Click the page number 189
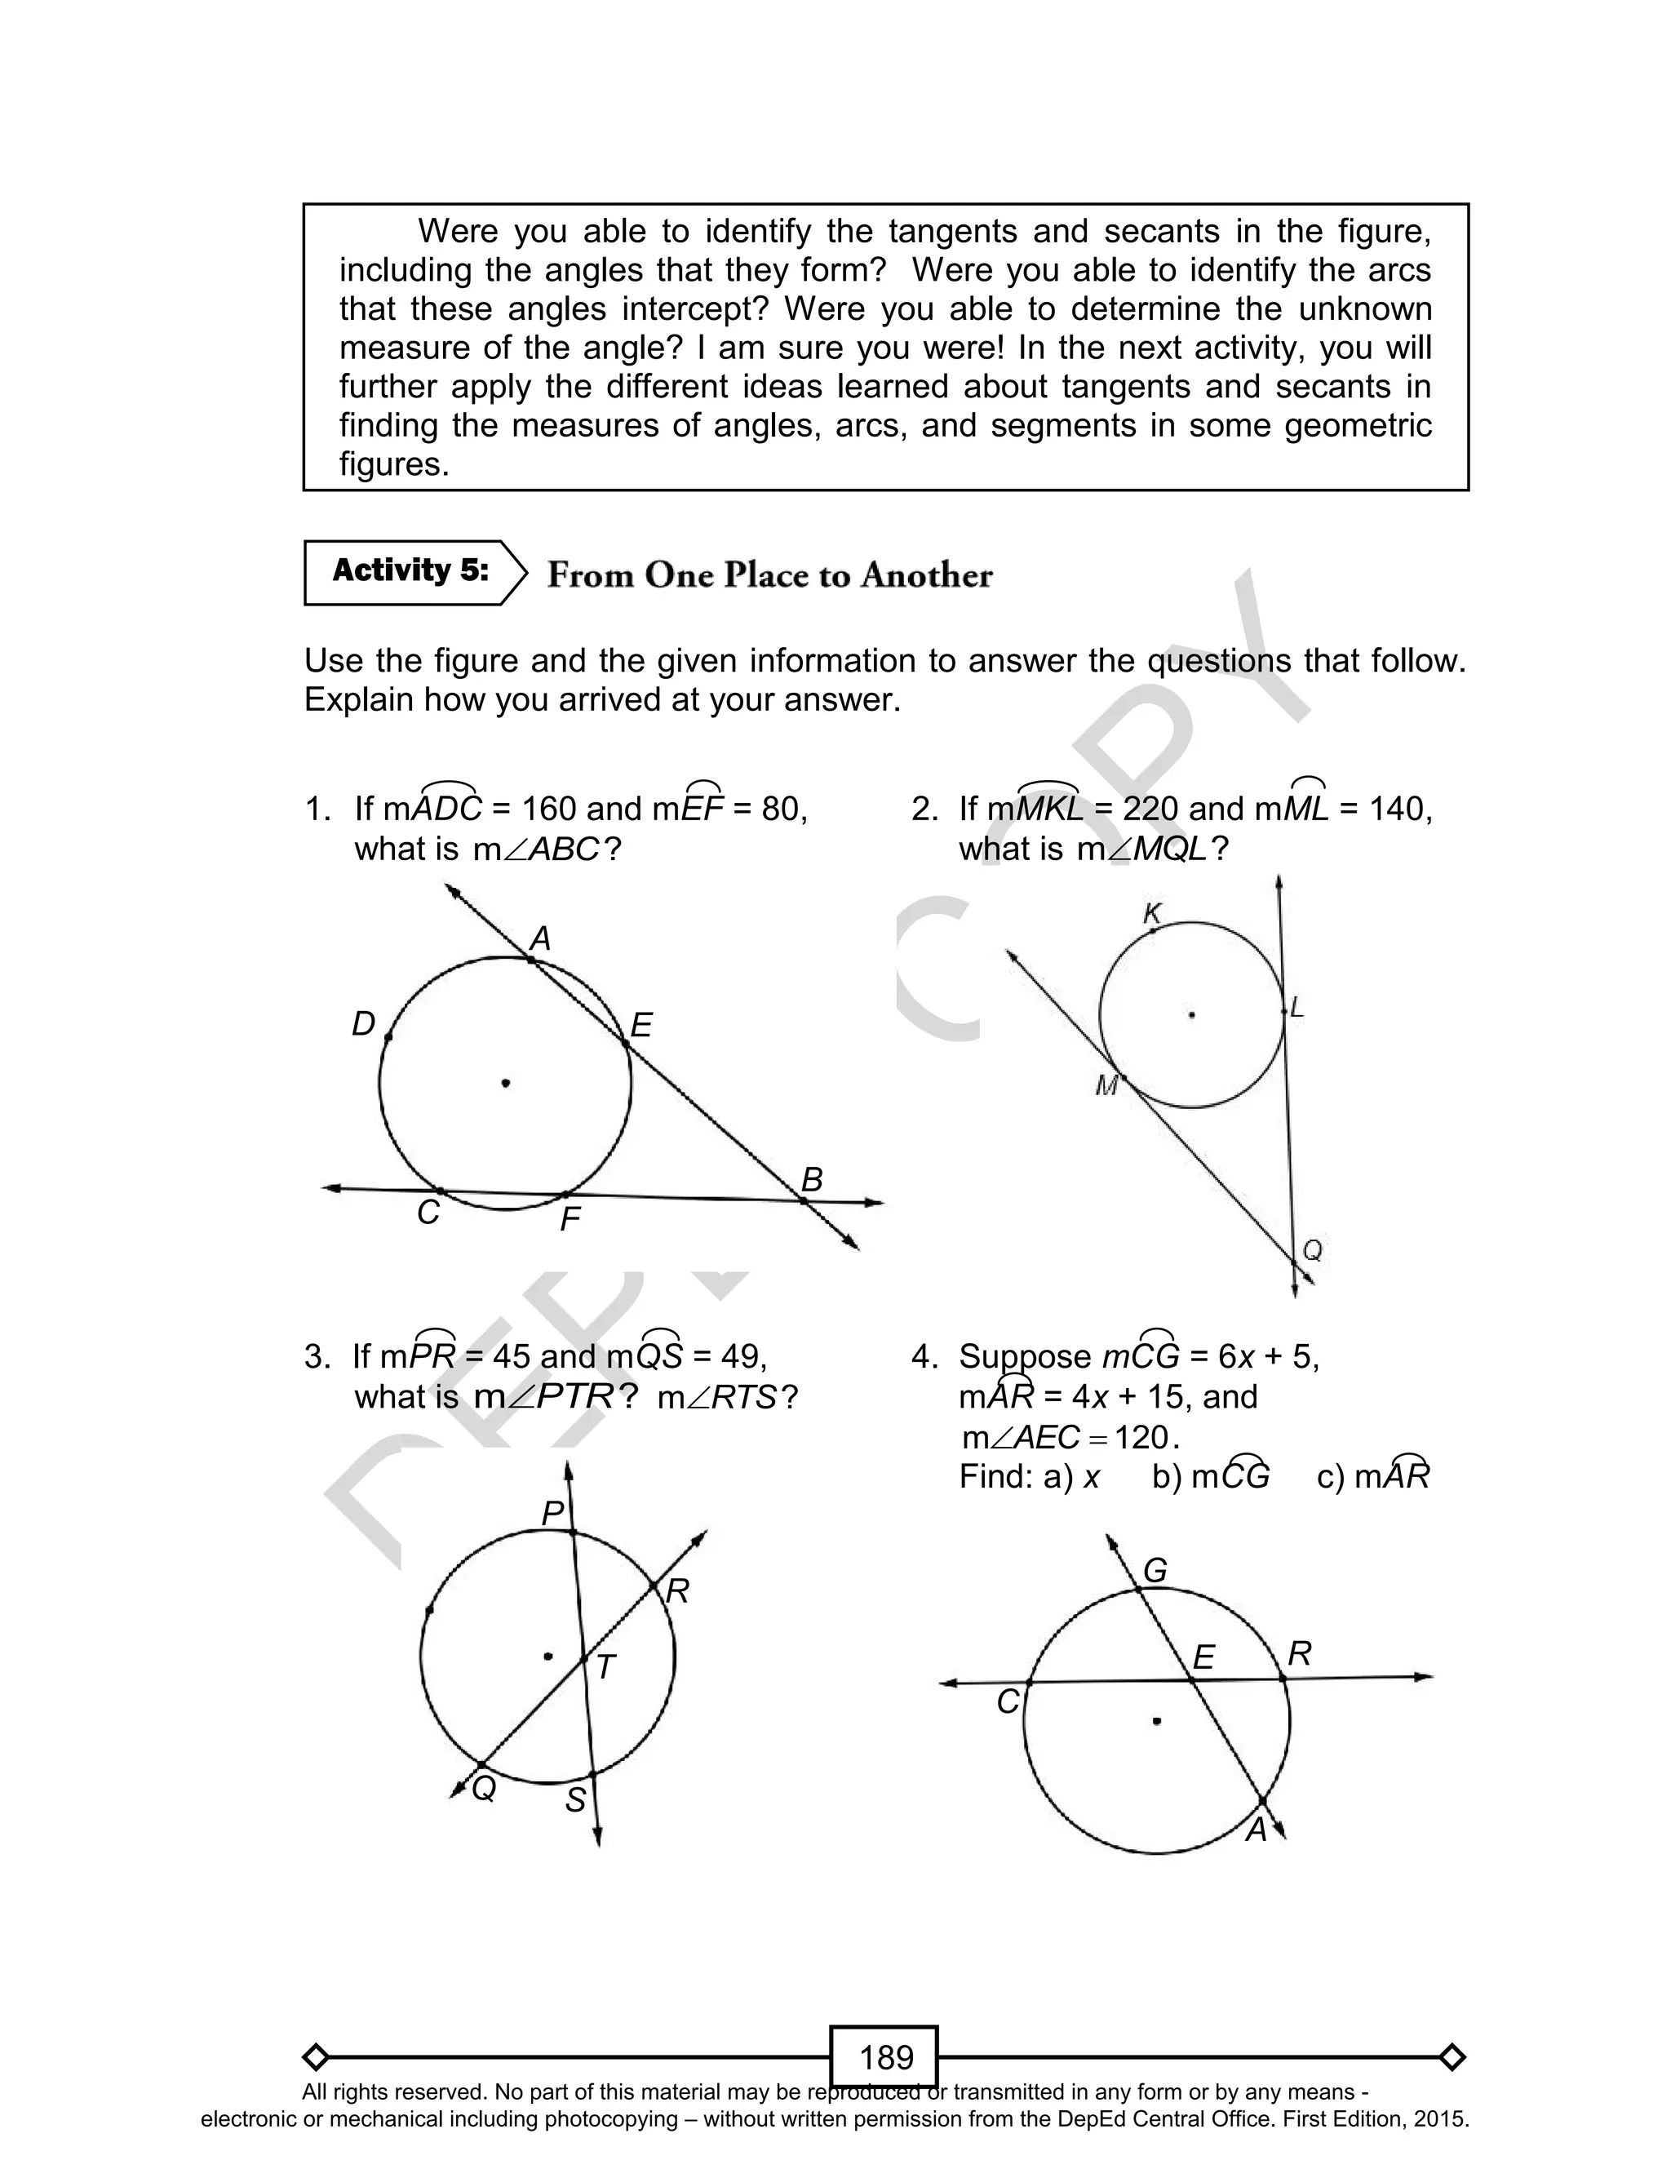(x=885, y=2056)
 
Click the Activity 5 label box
(x=410, y=572)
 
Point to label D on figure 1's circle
(x=363, y=1024)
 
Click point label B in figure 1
(x=812, y=1181)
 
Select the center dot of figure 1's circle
(x=505, y=1083)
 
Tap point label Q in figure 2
(x=1312, y=1250)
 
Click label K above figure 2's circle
(x=1153, y=913)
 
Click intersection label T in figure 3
(x=605, y=1668)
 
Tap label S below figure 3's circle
(x=575, y=1800)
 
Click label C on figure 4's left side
(x=1008, y=1702)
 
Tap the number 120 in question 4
(x=1141, y=1437)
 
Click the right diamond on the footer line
(x=1452, y=2056)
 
